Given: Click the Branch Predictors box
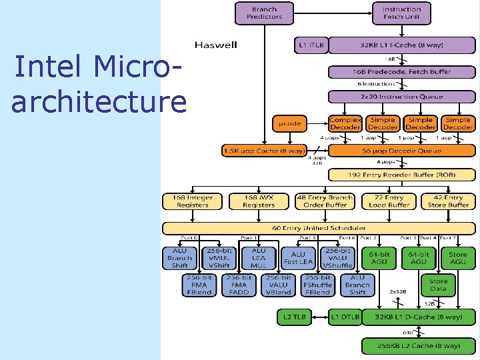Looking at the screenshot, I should tap(265, 13).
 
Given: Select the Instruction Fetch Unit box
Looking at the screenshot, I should tap(401, 13).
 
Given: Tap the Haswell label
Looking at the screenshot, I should tap(216, 45).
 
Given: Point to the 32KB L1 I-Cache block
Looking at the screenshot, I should tap(401, 45).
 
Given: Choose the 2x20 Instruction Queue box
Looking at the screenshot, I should tap(401, 97).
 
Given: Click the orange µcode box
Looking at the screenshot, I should tap(291, 123).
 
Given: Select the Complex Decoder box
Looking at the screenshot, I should tap(345, 123).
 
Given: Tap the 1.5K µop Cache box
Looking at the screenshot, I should tap(264, 151).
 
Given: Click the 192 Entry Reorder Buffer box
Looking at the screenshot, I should tap(401, 175).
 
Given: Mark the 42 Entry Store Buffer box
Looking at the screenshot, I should tap(448, 201).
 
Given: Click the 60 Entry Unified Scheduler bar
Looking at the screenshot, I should tap(319, 228).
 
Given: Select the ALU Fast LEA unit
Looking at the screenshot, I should tap(297, 257).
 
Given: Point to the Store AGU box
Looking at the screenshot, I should tap(457, 258).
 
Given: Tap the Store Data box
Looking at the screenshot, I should tap(438, 285).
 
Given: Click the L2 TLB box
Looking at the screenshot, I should tap(294, 318).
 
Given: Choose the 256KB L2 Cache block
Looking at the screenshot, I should tap(418, 346).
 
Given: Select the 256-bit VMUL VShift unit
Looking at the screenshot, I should tap(219, 258).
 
